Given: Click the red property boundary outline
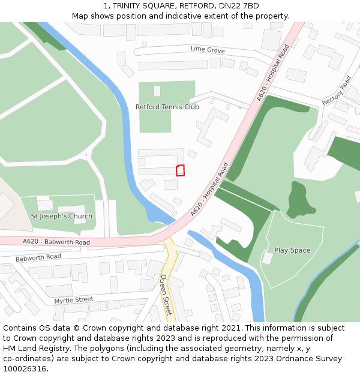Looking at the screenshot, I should pos(180,170).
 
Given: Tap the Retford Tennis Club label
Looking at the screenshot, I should pos(167,107).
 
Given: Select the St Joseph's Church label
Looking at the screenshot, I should pos(62,216).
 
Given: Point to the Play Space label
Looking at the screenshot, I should pos(292,250).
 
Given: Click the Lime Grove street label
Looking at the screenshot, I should pos(208,49).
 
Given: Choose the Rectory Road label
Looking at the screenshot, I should pos(337,91).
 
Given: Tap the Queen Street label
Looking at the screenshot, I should pos(166,295).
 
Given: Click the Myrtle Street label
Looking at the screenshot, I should pos(74,299).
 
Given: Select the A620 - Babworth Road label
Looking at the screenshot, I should pos(56,242).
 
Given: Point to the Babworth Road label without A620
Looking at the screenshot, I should pos(38,257).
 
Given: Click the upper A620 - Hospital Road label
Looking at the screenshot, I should pos(273,73).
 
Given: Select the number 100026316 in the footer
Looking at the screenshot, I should pos(25,368).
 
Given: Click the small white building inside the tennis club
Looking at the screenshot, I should pos(157,91).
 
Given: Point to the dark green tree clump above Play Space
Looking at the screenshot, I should pos(299,200).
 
